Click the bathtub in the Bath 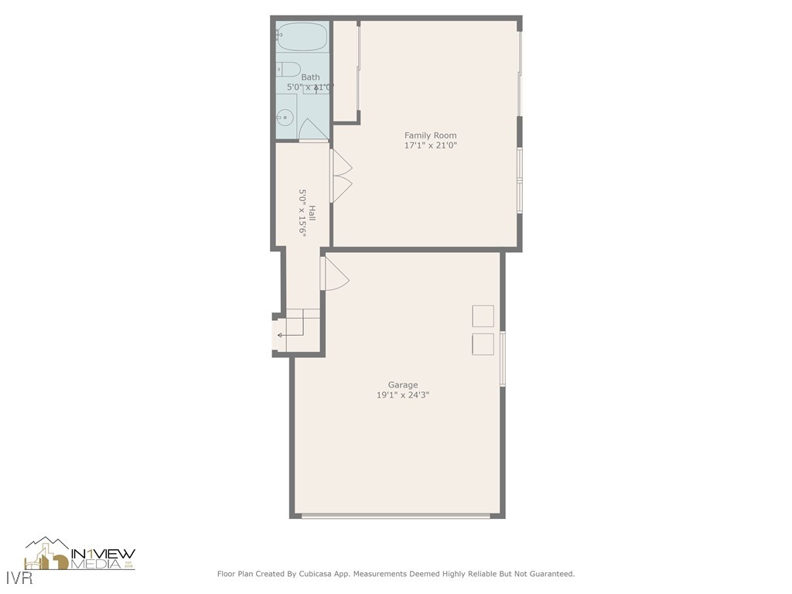(x=302, y=36)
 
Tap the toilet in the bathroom (x=288, y=69)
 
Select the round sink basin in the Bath (x=285, y=118)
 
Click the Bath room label (x=310, y=77)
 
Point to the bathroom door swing (x=312, y=130)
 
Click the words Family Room (x=430, y=135)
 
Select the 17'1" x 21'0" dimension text (x=430, y=145)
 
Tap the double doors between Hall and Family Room (x=341, y=176)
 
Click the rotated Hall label (x=312, y=212)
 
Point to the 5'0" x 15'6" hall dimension (x=302, y=212)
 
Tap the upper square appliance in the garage (x=483, y=316)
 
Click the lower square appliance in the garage (x=483, y=344)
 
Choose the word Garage (x=402, y=384)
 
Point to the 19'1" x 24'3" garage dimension (x=402, y=395)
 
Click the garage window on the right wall (x=503, y=358)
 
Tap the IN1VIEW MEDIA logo (x=80, y=555)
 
